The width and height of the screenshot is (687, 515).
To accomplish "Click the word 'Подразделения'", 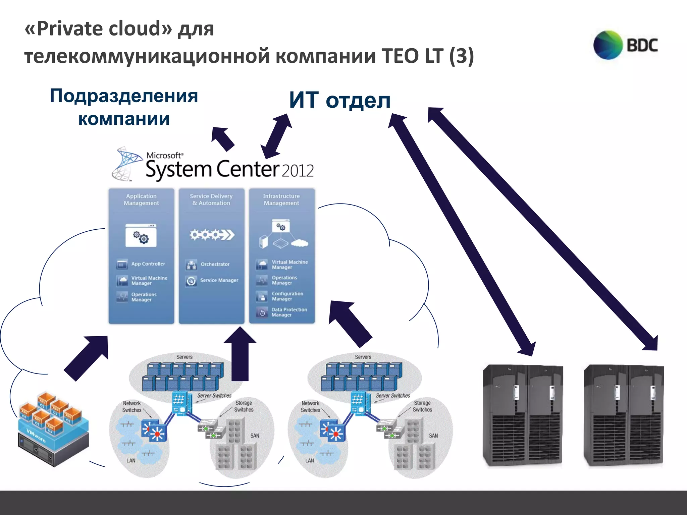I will point(124,96).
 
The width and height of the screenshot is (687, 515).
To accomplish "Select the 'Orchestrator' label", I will point(215,264).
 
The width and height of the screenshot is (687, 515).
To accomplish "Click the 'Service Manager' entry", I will point(219,280).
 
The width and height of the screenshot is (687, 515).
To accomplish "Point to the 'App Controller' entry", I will point(148,264).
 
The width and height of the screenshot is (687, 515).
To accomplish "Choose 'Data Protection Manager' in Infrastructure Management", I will point(289,312).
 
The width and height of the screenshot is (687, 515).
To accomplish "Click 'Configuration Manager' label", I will point(287,296).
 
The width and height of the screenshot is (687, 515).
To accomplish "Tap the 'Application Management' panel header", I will point(141,199).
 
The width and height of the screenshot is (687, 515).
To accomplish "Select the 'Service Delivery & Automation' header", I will point(211,199).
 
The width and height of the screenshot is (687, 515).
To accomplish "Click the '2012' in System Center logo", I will point(297,171).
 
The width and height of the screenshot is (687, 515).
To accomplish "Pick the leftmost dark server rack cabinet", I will point(523,416).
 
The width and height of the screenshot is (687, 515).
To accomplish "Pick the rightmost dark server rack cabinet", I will point(624,416).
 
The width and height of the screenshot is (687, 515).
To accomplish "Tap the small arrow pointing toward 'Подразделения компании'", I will point(222,138).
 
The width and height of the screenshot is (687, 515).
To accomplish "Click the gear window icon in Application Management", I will point(141,236).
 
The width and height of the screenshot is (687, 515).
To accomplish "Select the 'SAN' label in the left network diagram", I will point(255,436).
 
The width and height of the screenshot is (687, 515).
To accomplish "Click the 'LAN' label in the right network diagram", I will point(310,461).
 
